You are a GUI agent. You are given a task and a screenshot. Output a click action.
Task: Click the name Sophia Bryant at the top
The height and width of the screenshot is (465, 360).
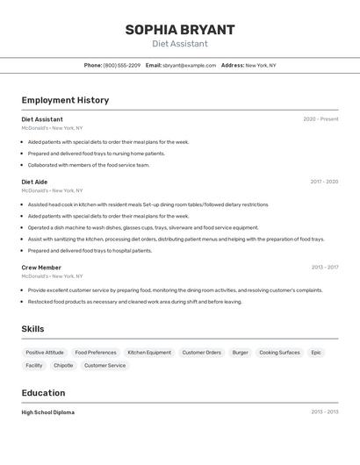(180, 29)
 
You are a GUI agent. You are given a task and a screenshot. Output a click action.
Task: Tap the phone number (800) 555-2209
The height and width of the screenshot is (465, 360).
(121, 65)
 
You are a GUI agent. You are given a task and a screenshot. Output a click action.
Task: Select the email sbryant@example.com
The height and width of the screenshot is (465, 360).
(189, 65)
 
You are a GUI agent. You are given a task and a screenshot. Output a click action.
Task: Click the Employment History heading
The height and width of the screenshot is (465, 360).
(65, 100)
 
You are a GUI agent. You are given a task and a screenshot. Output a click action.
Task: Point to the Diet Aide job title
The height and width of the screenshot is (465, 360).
(35, 182)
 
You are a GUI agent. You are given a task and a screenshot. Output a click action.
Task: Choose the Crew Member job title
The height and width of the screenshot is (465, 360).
(41, 268)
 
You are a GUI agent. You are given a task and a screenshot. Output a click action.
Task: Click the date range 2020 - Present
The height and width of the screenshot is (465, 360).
(320, 119)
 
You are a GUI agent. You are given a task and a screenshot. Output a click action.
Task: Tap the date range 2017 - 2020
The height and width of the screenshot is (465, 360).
(324, 182)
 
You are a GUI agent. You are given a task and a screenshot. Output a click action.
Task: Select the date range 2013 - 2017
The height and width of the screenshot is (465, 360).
(324, 268)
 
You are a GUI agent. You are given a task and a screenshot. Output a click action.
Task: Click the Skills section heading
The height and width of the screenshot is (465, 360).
(33, 329)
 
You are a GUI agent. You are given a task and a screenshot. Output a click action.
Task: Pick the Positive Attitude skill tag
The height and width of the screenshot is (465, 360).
(45, 353)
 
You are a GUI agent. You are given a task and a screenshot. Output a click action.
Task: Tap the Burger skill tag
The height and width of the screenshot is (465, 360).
(240, 353)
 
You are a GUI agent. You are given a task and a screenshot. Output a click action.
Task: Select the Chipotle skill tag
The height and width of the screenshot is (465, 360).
(63, 365)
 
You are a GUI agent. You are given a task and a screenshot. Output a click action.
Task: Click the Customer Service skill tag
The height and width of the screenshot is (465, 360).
(104, 365)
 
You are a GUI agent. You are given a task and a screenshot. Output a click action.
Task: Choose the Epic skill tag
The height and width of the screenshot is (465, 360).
(316, 353)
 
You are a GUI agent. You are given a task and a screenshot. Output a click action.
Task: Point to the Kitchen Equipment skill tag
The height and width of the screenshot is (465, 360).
(149, 353)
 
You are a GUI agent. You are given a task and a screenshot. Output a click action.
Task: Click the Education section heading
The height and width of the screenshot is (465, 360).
(43, 392)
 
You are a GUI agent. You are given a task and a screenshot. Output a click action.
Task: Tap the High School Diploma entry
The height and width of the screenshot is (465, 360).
(48, 412)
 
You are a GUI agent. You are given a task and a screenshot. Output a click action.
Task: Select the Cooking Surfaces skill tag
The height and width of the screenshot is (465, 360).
(279, 353)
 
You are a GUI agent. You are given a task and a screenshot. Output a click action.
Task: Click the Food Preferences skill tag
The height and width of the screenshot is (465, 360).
(96, 353)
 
